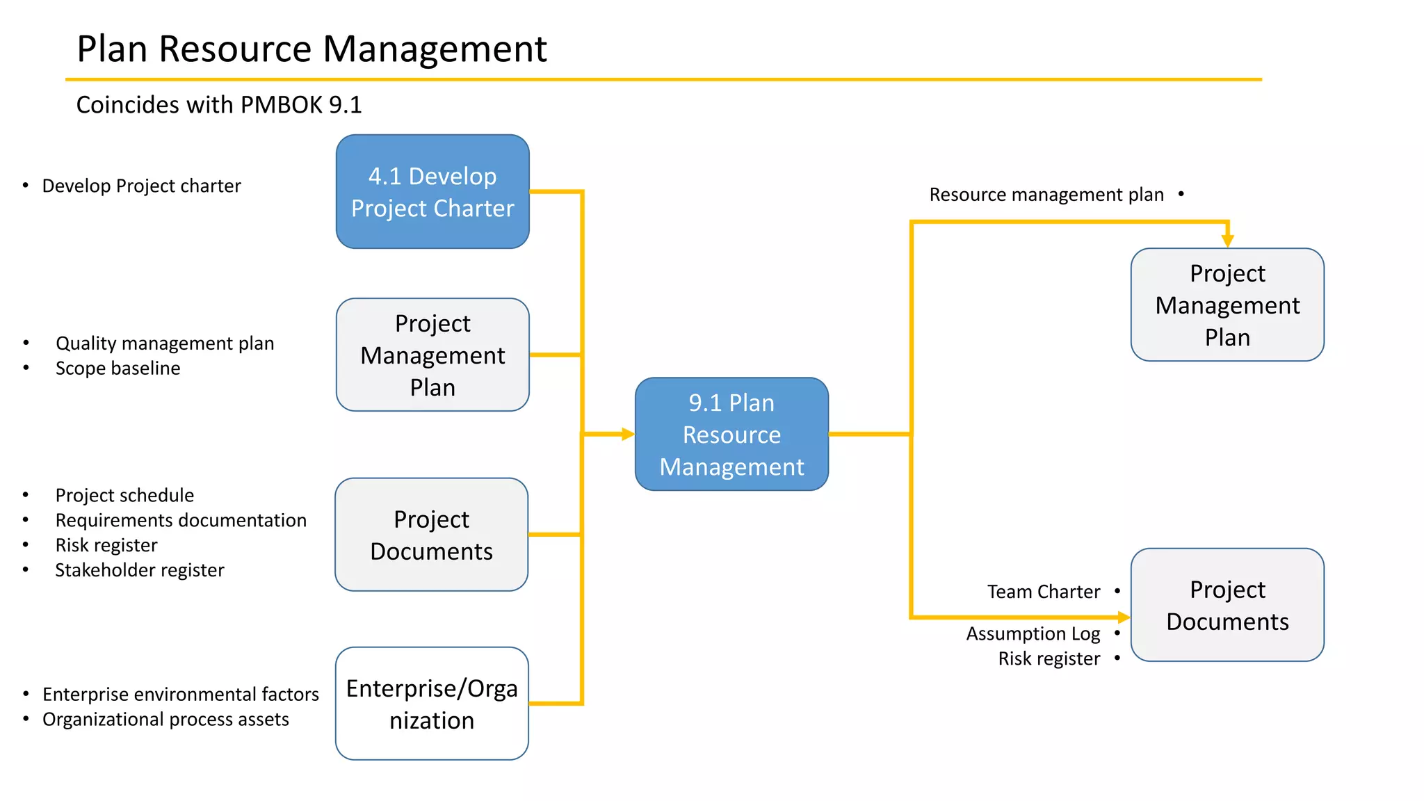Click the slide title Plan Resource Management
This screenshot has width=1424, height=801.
pyautogui.click(x=311, y=49)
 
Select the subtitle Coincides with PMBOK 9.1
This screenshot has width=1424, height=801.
pyautogui.click(x=218, y=105)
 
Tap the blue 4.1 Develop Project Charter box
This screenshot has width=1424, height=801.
pyautogui.click(x=432, y=192)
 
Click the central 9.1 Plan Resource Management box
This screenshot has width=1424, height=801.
pyautogui.click(x=731, y=435)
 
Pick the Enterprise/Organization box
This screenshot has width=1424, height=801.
pyautogui.click(x=432, y=704)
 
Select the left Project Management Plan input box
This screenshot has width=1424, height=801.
pyautogui.click(x=432, y=355)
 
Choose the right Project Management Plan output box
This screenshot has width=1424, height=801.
pyautogui.click(x=1227, y=305)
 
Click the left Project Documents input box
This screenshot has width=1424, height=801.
pyautogui.click(x=431, y=535)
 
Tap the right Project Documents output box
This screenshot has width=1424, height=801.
pyautogui.click(x=1227, y=605)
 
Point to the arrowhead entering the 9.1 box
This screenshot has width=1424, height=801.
pyautogui.click(x=629, y=435)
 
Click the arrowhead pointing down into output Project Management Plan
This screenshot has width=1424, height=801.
pyautogui.click(x=1228, y=241)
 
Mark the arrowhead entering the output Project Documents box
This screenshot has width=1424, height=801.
pyautogui.click(x=1124, y=617)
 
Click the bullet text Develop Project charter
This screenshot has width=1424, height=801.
pyautogui.click(x=141, y=186)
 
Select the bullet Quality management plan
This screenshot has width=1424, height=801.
pyautogui.click(x=165, y=343)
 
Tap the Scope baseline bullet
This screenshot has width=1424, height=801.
pyautogui.click(x=118, y=369)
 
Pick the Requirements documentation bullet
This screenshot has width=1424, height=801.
pyautogui.click(x=181, y=520)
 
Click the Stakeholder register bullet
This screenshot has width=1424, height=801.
pyautogui.click(x=140, y=570)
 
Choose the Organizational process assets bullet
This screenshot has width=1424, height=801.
pyautogui.click(x=165, y=719)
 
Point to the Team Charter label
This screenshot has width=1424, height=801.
pyautogui.click(x=1043, y=592)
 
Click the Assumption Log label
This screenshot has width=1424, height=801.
pyautogui.click(x=1033, y=633)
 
